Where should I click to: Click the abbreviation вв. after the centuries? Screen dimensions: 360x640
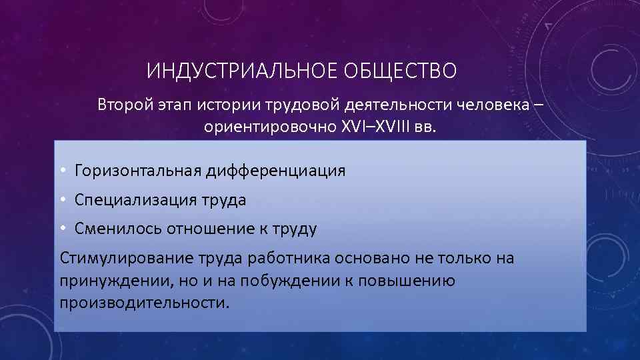point(427,127)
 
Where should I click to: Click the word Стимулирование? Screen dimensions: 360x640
point(118,258)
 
